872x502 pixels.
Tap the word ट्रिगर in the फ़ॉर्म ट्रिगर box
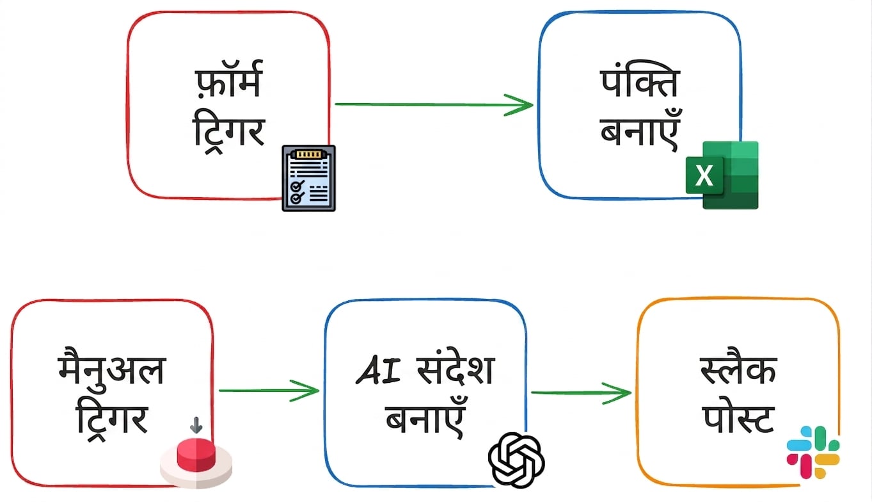tap(229, 133)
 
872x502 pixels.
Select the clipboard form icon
tap(309, 178)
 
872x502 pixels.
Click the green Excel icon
tap(722, 175)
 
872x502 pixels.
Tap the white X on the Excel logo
tap(704, 175)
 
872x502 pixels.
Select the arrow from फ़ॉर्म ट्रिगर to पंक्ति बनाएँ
tap(434, 104)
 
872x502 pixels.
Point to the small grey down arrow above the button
tap(196, 425)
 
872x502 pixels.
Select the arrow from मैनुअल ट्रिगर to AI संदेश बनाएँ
tap(269, 391)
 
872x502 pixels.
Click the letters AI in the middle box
tap(378, 370)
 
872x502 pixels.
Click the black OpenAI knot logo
tap(516, 460)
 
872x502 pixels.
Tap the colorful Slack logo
tap(813, 452)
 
